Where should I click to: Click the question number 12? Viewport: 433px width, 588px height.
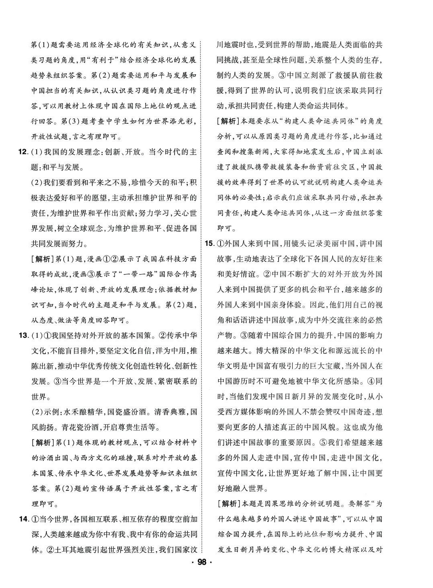pyautogui.click(x=23, y=152)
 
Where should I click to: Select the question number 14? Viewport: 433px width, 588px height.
pyautogui.click(x=23, y=519)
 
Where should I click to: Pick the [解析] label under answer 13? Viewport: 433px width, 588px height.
pyautogui.click(x=42, y=443)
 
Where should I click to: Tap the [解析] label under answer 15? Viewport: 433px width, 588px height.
pyautogui.click(x=228, y=503)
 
